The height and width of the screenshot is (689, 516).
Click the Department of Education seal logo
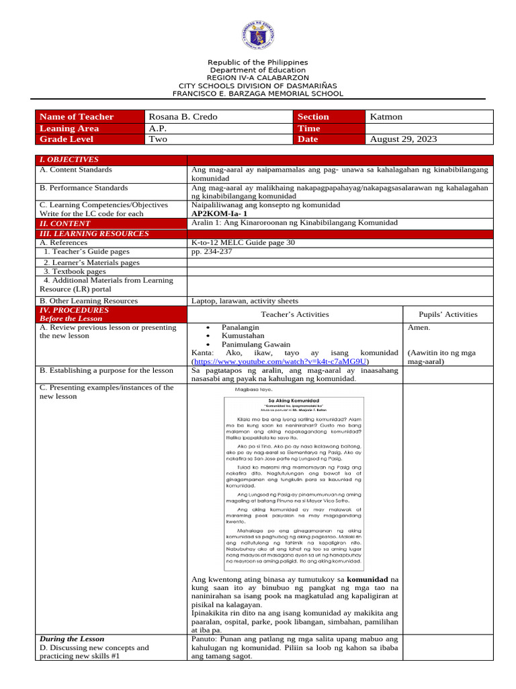point(258,36)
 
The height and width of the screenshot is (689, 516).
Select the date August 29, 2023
point(403,139)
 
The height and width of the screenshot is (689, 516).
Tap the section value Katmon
point(386,117)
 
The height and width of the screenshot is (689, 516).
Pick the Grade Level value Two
point(159,139)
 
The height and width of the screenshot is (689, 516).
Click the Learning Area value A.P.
point(157,129)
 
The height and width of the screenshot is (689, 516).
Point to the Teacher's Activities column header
point(294,314)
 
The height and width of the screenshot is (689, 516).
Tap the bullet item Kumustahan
point(244,335)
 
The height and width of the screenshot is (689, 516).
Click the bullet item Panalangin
point(241,326)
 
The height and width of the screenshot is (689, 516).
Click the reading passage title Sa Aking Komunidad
point(294,400)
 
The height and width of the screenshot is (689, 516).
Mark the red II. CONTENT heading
point(65,223)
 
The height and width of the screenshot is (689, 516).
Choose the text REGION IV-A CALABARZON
point(258,78)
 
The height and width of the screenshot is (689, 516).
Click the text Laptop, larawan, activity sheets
point(245,301)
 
